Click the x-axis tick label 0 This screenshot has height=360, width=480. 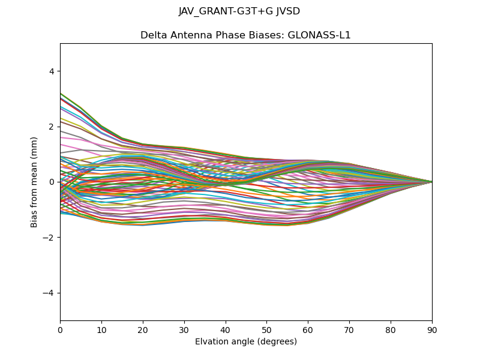pos(60,329)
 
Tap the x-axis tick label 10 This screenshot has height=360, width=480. pos(101,329)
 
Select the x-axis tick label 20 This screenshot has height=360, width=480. pos(143,329)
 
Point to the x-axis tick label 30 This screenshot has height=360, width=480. pos(184,329)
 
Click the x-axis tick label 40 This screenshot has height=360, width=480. pos(226,329)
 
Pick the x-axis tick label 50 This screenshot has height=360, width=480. pos(266,329)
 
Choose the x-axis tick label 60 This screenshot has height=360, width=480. pos(308,329)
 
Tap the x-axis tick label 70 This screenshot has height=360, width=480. pos(349,329)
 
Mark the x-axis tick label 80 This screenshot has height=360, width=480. pos(391,329)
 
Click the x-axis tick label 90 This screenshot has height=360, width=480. pos(432,329)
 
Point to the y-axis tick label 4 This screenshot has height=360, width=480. pos(51,71)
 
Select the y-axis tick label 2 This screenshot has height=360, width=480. pos(51,127)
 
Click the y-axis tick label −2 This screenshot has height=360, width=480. pos(49,238)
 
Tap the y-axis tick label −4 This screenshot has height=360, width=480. pos(49,293)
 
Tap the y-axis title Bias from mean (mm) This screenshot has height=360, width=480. pos(34,182)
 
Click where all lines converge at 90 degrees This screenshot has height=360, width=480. pos(431,182)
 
